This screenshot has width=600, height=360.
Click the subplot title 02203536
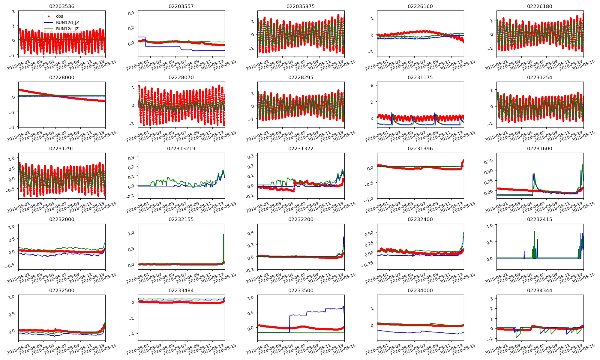(x=61, y=6)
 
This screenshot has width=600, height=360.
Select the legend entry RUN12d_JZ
(x=67, y=22)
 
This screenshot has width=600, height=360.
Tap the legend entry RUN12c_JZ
(x=67, y=29)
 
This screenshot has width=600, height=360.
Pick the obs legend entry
(x=59, y=16)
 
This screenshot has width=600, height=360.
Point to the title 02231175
(x=420, y=77)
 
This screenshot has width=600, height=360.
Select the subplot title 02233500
(x=301, y=290)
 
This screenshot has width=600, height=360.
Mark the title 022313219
(x=181, y=148)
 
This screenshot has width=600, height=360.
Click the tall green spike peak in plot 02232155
(x=223, y=234)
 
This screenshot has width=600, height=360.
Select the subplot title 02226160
(x=420, y=6)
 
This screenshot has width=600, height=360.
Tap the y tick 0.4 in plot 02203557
(x=131, y=13)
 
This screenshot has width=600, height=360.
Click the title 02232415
(x=539, y=219)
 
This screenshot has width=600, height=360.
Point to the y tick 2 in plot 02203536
(x=13, y=11)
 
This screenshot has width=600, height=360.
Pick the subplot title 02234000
(x=420, y=290)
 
